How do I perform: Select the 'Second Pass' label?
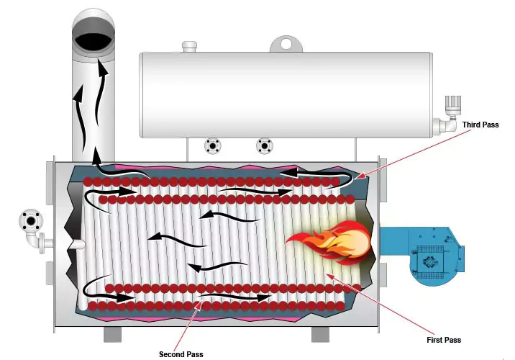(x=181, y=354)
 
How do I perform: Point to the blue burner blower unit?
(x=421, y=256)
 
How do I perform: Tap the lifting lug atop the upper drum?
(x=287, y=44)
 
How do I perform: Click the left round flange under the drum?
(x=212, y=146)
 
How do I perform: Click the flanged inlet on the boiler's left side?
(x=30, y=221)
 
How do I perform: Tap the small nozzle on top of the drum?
(x=189, y=47)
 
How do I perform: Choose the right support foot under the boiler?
(x=319, y=335)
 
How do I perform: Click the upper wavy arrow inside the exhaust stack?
(x=102, y=86)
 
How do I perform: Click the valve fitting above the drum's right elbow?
(x=454, y=105)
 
